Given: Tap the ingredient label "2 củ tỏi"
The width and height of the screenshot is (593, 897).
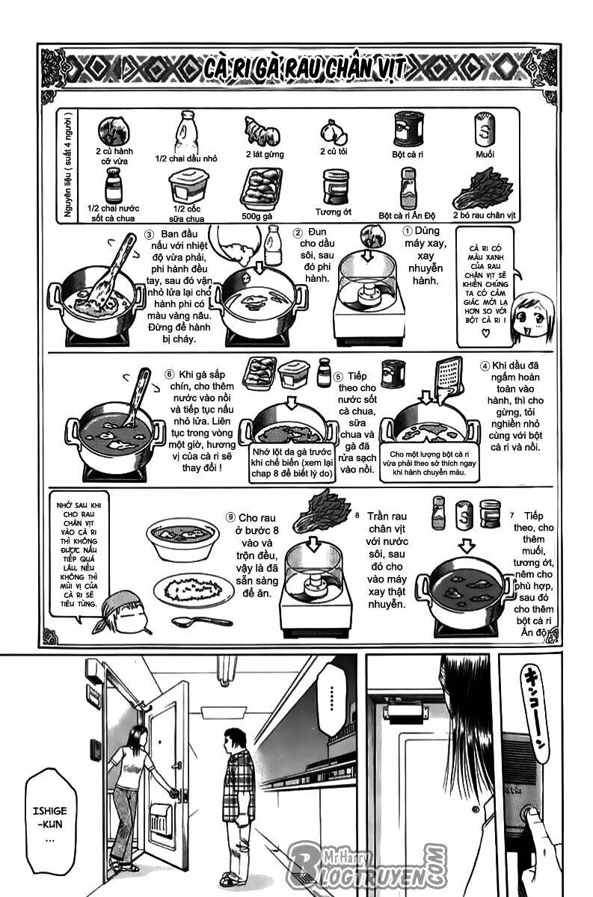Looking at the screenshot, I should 334,152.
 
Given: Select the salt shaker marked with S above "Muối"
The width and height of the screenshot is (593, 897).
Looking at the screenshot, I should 485,131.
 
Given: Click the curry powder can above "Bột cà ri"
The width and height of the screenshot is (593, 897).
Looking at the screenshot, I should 408,129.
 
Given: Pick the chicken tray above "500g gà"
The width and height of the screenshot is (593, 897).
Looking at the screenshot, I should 260,187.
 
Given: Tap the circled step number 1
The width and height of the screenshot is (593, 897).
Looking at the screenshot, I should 408,232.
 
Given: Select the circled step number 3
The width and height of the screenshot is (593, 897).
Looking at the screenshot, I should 149,235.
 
